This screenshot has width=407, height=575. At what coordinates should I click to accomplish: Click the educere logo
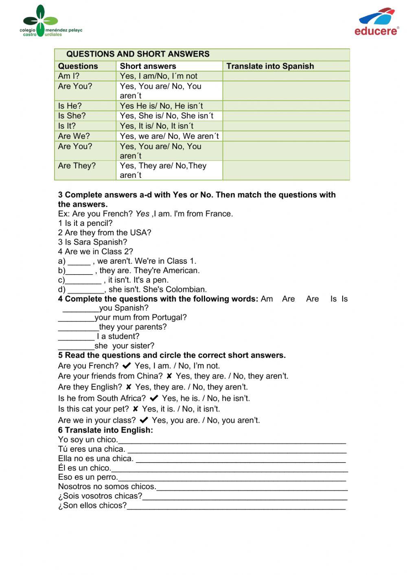376,23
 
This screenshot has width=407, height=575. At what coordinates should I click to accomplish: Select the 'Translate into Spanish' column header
270,66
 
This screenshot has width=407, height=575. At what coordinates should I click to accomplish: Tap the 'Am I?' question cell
69,76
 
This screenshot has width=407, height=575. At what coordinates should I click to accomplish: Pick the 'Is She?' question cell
72,116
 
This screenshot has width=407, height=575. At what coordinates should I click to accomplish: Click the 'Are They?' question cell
77,166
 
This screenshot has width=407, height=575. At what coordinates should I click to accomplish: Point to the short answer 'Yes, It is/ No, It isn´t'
156,126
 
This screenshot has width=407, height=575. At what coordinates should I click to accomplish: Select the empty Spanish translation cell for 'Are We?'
286,136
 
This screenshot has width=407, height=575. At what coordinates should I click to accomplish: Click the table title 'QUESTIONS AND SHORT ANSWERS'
138,54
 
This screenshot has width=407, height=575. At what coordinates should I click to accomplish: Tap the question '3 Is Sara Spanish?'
92,242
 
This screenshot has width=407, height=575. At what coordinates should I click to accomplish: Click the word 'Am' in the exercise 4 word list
267,299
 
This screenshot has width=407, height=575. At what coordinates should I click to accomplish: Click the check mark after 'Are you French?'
127,365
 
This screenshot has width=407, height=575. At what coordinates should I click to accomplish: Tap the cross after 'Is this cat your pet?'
136,409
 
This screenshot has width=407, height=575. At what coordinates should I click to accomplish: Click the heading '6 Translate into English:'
105,430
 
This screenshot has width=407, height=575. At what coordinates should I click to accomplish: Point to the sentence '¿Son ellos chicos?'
92,505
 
